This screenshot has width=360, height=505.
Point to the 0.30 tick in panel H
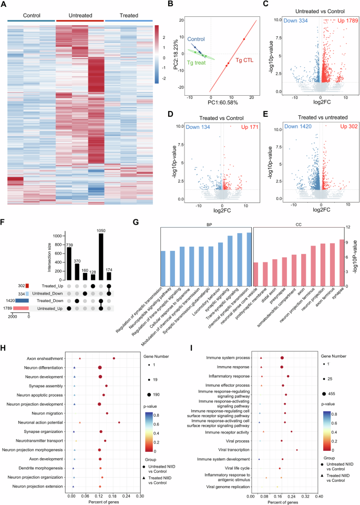click(x=139, y=496)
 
